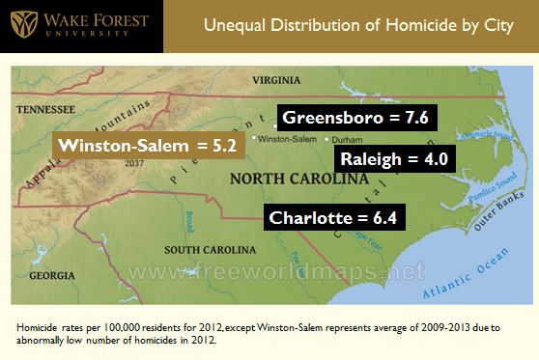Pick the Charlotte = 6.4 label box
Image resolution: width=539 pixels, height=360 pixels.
click(x=330, y=217)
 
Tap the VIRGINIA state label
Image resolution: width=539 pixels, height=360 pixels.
click(x=274, y=79)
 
